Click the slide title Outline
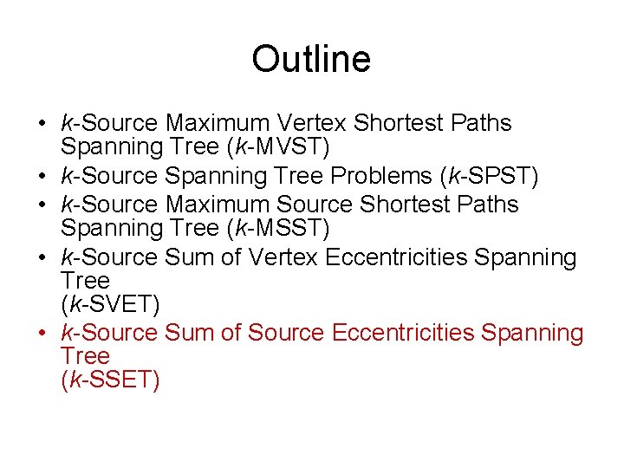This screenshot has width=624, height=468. point(311,60)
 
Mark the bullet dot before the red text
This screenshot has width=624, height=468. point(42,333)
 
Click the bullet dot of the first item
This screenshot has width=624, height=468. point(42,124)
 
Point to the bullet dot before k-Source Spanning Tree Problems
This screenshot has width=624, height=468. point(42,177)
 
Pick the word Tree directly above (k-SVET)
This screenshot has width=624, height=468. point(85,281)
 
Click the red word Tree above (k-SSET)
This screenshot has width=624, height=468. point(85,356)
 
